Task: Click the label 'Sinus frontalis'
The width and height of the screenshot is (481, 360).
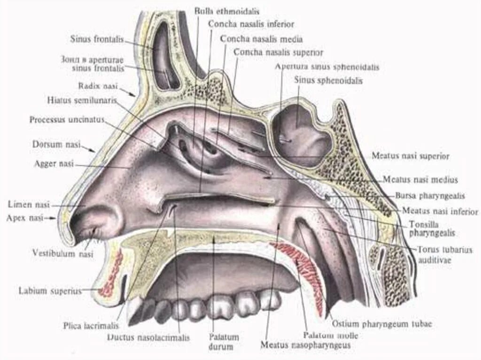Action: point(97,39)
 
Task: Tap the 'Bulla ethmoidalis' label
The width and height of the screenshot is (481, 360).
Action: point(226,10)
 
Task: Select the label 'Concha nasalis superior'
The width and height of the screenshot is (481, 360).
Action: point(278,53)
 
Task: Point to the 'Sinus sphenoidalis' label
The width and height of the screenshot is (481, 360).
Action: point(328,80)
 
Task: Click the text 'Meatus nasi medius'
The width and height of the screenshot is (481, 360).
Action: point(420,180)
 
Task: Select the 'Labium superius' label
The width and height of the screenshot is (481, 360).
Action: point(50,291)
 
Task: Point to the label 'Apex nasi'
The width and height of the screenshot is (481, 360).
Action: point(24,218)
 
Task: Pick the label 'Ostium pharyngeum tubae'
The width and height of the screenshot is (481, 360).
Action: point(382,324)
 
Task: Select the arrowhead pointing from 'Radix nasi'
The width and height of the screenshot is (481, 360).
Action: point(135,95)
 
